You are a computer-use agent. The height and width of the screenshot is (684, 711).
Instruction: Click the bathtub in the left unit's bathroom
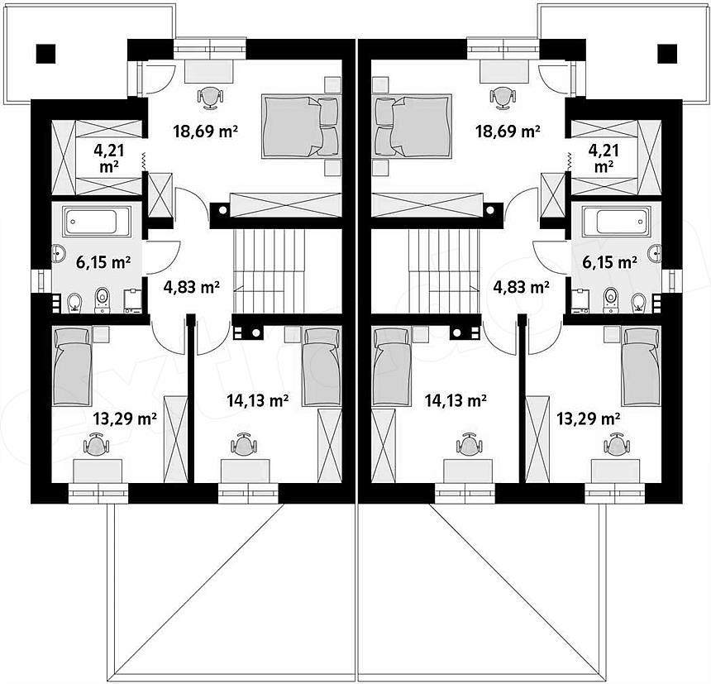pyautogui.click(x=97, y=222)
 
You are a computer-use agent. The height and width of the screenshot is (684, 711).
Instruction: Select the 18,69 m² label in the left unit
pyautogui.click(x=205, y=132)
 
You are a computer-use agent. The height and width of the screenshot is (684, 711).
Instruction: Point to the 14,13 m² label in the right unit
pyautogui.click(x=456, y=400)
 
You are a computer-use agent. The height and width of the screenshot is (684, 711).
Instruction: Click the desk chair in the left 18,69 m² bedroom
pyautogui.click(x=210, y=98)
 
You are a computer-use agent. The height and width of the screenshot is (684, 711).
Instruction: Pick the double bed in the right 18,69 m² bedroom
pyautogui.click(x=412, y=126)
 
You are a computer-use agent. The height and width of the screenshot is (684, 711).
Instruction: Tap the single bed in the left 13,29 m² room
pyautogui.click(x=73, y=366)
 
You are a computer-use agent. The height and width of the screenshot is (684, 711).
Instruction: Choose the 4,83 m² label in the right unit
pyautogui.click(x=522, y=287)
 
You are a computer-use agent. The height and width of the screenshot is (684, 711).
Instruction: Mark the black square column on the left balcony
pyautogui.click(x=45, y=54)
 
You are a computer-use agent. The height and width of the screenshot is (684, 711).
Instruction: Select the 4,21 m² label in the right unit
pyautogui.click(x=604, y=158)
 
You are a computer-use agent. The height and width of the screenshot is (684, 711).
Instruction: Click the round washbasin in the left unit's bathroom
pyautogui.click(x=59, y=254)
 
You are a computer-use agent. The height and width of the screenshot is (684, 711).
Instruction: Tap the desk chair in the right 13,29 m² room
pyautogui.click(x=617, y=444)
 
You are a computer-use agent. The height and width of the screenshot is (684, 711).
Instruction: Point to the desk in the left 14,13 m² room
pyautogui.click(x=246, y=471)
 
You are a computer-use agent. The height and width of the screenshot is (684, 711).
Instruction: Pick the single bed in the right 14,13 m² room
pyautogui.click(x=391, y=366)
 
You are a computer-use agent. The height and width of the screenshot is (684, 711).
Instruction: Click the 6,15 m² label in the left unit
pyautogui.click(x=103, y=262)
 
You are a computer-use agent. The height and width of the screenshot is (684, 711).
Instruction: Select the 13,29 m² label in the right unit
pyautogui.click(x=588, y=419)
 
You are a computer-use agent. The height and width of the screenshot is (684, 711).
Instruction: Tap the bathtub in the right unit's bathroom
pyautogui.click(x=616, y=222)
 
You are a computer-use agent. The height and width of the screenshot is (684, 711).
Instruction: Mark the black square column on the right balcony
pyautogui.click(x=667, y=54)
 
